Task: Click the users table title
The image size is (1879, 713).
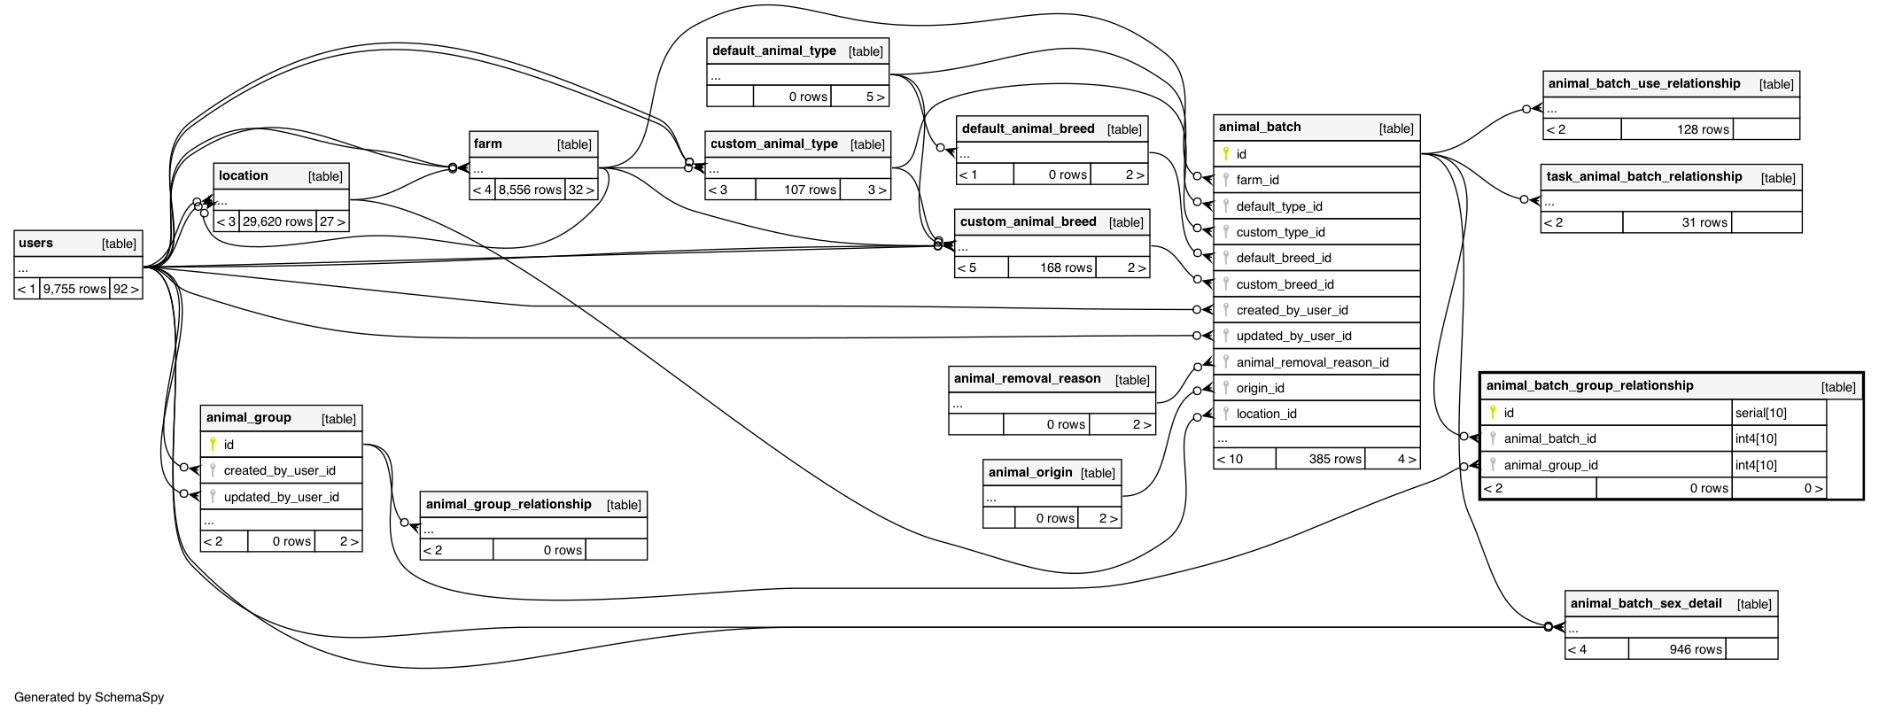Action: point(36,244)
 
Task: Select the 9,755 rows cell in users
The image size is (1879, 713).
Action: point(75,289)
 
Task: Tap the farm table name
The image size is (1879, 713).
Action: point(488,144)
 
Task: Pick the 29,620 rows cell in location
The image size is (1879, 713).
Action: point(277,221)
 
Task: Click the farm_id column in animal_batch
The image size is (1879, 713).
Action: point(1257,180)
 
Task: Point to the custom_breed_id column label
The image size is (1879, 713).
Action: point(1285,284)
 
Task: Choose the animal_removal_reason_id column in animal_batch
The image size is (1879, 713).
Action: point(1312,362)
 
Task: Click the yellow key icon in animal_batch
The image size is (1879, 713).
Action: point(1226,154)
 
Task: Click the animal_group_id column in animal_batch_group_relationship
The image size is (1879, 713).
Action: point(1550,465)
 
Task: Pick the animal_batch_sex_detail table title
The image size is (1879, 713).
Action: point(1646,604)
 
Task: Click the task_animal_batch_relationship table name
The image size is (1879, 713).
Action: point(1644,177)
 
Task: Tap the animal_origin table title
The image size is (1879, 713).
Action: point(1030,473)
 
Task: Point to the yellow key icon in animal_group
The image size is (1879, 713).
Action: point(213,445)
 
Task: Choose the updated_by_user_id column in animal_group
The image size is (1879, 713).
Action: point(281,497)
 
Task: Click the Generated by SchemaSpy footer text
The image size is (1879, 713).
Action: point(89,697)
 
